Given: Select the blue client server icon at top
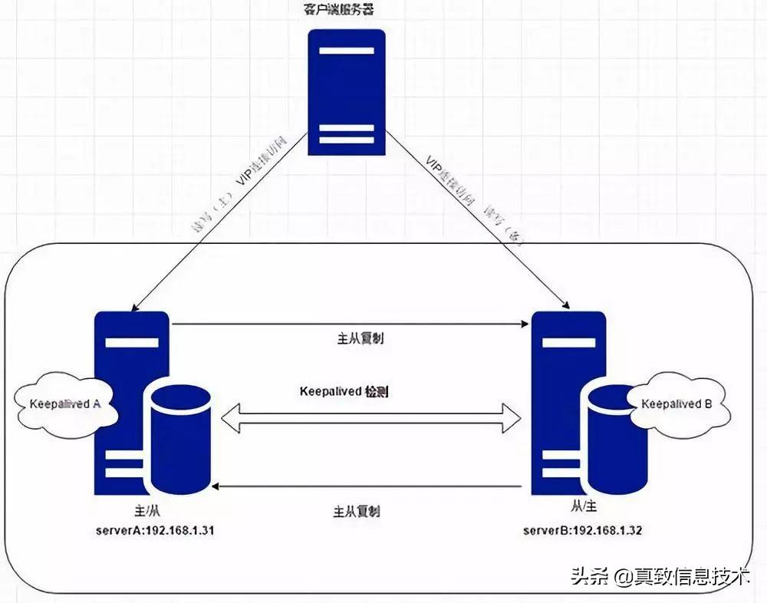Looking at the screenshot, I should pyautogui.click(x=347, y=92).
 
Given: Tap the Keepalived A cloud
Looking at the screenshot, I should pyautogui.click(x=65, y=404).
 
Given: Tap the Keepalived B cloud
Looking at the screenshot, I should pyautogui.click(x=675, y=404).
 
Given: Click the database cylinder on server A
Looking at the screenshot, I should pyautogui.click(x=181, y=438).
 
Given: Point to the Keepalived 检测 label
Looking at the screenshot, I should pyautogui.click(x=344, y=391).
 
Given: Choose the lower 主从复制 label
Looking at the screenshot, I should pyautogui.click(x=357, y=511).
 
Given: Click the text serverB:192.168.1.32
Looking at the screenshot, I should pyautogui.click(x=583, y=530).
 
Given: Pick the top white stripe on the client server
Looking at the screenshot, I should pyautogui.click(x=347, y=51).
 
